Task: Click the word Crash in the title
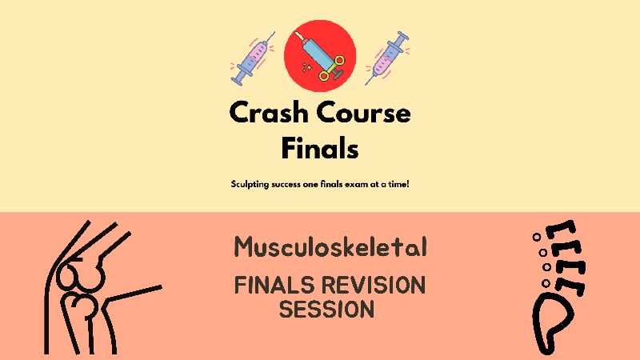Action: point(269,112)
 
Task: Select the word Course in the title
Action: point(364,113)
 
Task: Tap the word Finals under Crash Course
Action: point(320,148)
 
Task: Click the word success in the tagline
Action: point(286,185)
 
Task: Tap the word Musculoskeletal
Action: point(330,247)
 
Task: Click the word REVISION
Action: point(374,285)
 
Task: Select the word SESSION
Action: point(326,309)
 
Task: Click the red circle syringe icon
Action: point(320,55)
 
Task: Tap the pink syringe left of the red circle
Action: point(253,58)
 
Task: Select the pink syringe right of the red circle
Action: point(387,58)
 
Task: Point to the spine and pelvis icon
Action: point(558,286)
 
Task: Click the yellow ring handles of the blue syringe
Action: point(333,69)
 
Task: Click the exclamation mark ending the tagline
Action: point(407,184)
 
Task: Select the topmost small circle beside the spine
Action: point(537,237)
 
